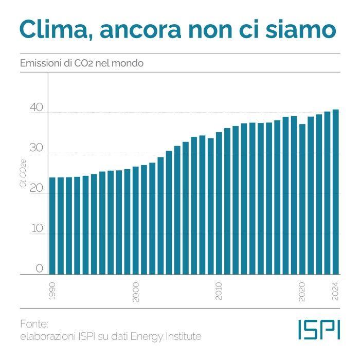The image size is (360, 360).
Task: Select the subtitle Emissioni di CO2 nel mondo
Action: (81, 63)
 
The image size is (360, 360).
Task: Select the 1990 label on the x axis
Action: (52, 292)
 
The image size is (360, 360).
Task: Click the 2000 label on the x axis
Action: (136, 292)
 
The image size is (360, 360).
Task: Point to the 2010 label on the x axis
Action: (219, 292)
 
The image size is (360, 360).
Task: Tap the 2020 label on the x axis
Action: (302, 292)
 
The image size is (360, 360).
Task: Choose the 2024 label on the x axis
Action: (335, 292)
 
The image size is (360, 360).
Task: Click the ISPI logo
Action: (319, 330)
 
